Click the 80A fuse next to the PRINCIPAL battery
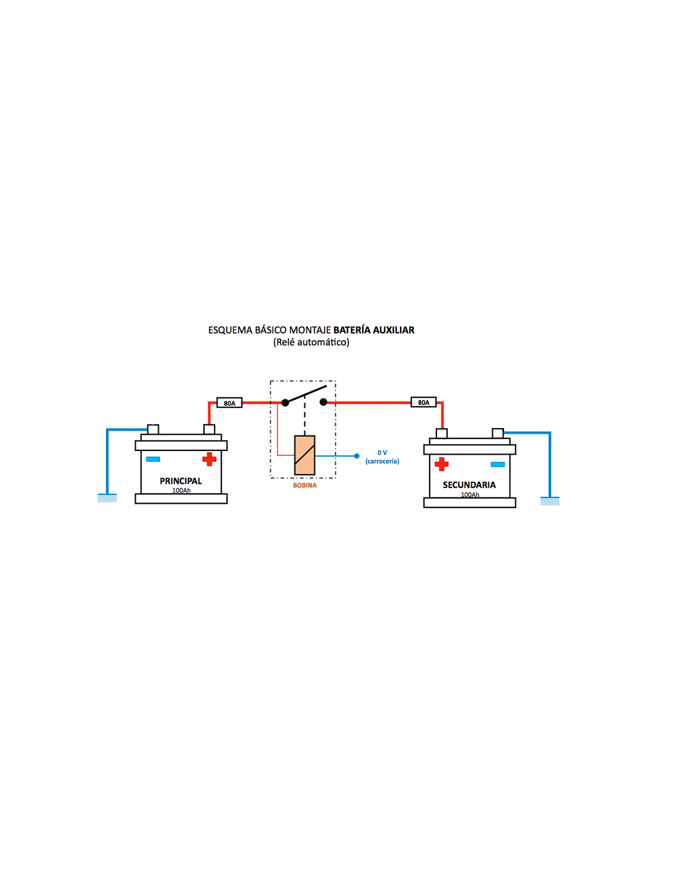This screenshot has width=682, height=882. pos(229,403)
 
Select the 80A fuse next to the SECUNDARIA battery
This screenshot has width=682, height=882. pos(423,403)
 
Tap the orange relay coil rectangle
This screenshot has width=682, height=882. pos(304,455)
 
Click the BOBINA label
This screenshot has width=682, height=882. pos(304,485)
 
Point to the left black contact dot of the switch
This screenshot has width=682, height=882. pos(285,403)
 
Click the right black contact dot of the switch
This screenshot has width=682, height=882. pos(324,402)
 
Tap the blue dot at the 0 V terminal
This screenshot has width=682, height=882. pos(356,456)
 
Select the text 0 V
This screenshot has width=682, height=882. pos(382,452)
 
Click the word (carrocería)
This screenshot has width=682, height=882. pos(382,461)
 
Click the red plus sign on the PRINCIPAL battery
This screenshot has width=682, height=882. pos(210,459)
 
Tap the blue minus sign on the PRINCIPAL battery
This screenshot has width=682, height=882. pos(153,459)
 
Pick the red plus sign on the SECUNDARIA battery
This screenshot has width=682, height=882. pos(441,464)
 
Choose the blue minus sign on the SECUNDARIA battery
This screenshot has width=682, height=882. pos(498,465)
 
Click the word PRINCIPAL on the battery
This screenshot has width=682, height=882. pos(180,481)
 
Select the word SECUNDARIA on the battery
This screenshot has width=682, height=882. pos(469,484)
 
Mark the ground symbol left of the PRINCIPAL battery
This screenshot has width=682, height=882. pos(107,497)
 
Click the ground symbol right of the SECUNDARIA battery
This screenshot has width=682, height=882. pos(550,501)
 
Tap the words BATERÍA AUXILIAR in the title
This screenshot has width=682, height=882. pos(374,330)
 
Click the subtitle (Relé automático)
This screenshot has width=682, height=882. pos(311,342)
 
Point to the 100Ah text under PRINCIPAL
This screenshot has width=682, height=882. pos(181,491)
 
